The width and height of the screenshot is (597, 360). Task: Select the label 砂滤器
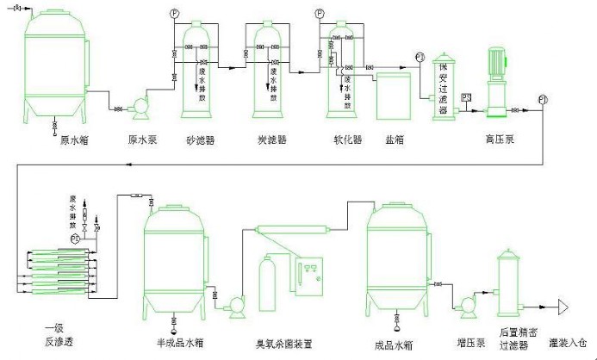(200, 139)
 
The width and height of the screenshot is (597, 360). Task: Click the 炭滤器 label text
(272, 139)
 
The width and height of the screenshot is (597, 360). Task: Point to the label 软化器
(347, 139)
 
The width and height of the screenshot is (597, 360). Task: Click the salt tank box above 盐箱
(395, 94)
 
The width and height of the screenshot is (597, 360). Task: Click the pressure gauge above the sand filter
(175, 13)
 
